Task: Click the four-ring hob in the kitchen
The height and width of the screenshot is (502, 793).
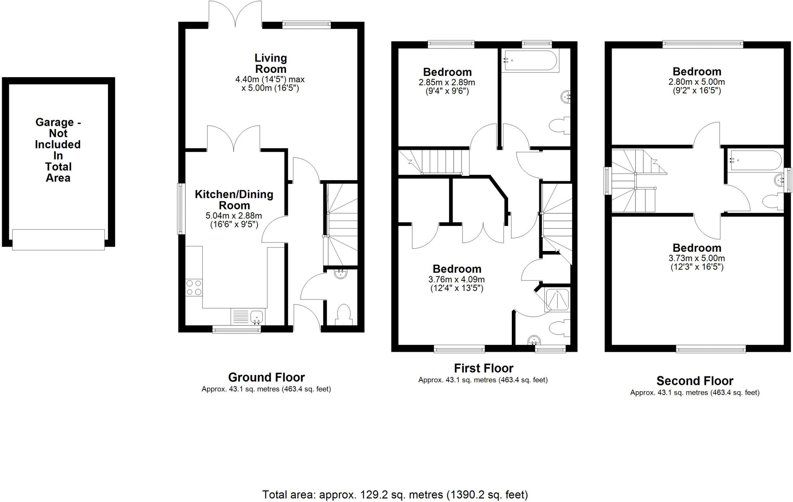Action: tap(194, 287)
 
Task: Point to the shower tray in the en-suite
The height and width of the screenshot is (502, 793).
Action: tap(558, 300)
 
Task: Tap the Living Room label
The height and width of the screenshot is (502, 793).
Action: tap(270, 64)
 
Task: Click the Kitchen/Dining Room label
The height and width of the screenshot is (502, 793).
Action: tap(234, 199)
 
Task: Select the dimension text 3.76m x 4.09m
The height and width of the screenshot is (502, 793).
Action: tap(457, 279)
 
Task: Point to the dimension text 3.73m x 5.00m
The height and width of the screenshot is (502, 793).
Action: tap(697, 258)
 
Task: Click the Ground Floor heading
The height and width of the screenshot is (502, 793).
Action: tap(266, 377)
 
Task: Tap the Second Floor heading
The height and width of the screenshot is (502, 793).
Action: tap(695, 381)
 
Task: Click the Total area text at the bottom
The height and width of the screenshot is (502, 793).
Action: tap(395, 495)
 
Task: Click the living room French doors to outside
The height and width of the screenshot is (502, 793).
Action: tap(235, 14)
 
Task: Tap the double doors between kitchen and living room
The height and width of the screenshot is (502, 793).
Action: tap(233, 139)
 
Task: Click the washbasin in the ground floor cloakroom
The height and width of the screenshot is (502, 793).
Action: tap(341, 274)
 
